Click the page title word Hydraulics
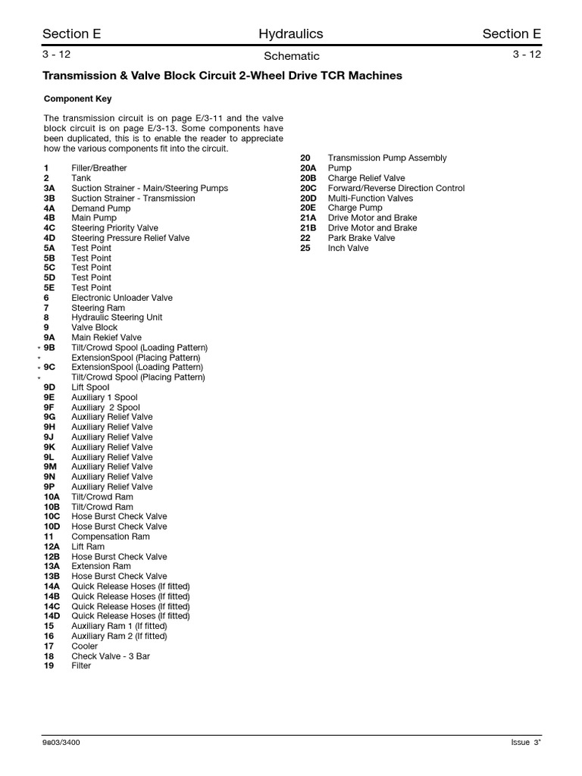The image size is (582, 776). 290,33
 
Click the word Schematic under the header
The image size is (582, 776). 291,56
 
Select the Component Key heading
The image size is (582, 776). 77,99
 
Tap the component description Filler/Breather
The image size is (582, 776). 99,168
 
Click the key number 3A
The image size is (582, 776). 49,188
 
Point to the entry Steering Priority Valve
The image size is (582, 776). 114,228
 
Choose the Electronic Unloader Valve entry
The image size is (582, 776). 122,298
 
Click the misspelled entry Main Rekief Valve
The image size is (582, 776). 106,338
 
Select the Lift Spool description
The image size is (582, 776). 90,387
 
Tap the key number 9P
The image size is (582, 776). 49,487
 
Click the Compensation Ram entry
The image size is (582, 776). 111,537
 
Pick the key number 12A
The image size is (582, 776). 52,546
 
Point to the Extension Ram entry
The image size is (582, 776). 101,566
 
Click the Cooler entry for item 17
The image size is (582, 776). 84,646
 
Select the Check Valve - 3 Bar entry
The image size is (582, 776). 111,656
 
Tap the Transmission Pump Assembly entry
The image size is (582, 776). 387,158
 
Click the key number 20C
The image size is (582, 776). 308,188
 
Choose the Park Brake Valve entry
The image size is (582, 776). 361,238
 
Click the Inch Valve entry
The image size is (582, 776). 348,248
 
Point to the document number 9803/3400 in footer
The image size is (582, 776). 61,743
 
